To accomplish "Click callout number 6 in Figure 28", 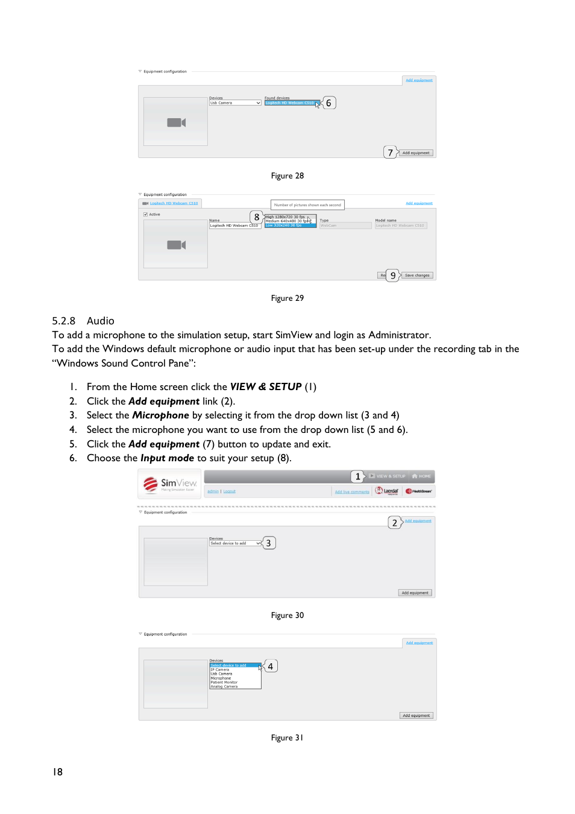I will tap(328, 103).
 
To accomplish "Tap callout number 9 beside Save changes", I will tap(393, 276).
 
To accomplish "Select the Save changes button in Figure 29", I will tap(417, 276).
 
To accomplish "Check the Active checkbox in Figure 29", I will tap(146, 214).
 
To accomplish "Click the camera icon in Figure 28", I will tap(176, 122).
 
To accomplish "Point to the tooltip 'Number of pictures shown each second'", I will tap(307, 205).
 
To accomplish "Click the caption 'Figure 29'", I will tap(287, 298).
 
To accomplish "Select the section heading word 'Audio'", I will tap(100, 321).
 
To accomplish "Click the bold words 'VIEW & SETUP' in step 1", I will tap(266, 387).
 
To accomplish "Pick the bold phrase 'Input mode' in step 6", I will tap(167, 458).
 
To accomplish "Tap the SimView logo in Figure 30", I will tap(171, 484).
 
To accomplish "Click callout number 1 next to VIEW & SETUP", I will tap(357, 476).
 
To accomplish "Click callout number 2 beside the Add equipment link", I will tap(395, 523).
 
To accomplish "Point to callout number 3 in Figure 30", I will tap(268, 543).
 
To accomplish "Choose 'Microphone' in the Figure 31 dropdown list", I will tap(221, 678).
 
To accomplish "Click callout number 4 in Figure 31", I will tap(271, 666).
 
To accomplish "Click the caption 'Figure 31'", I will tap(287, 738).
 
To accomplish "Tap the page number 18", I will tap(57, 772).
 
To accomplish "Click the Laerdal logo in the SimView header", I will tap(388, 491).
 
